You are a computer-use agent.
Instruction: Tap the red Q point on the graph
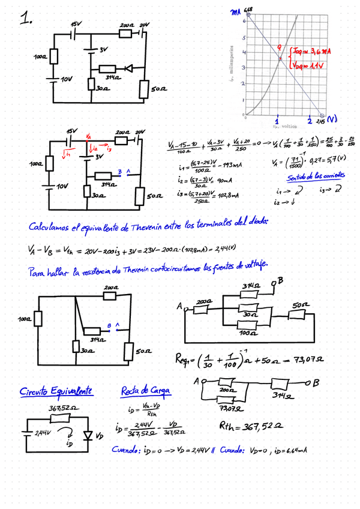coord(280,57)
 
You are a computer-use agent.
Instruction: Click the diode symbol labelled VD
coord(89,434)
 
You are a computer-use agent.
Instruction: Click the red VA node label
coord(89,137)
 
